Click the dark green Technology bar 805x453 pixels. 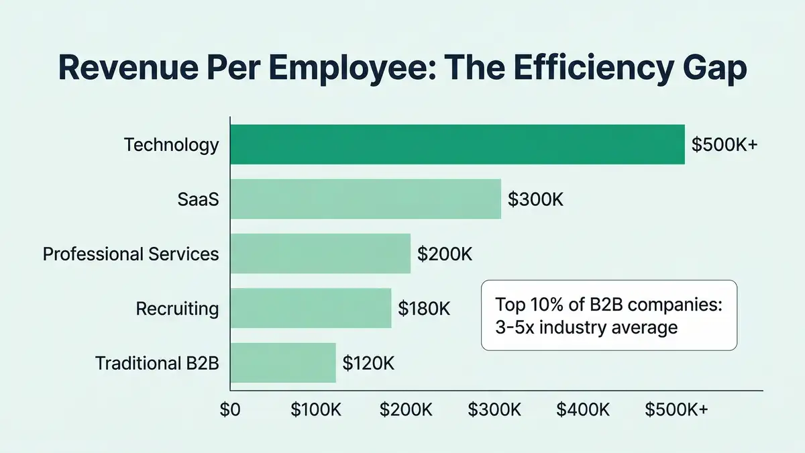(458, 144)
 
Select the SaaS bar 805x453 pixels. (366, 199)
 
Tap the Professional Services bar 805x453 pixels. (320, 254)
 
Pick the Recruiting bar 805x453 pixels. (311, 308)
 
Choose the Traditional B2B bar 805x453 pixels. (282, 363)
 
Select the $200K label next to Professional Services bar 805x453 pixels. (445, 254)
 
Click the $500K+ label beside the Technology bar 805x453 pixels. (724, 145)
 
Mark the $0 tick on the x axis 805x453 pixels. (230, 410)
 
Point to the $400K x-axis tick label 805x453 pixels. (582, 410)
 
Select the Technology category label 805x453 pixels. (171, 145)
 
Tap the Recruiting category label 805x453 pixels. (177, 309)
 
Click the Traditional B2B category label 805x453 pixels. (157, 364)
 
